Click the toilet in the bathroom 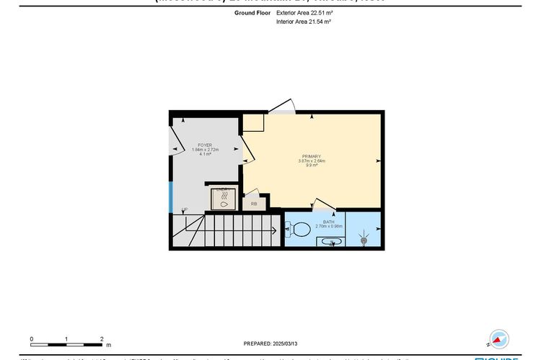point(299,230)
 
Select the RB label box point(254,204)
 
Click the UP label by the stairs point(185,210)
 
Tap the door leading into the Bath point(322,205)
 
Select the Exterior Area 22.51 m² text point(304,12)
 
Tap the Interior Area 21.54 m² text point(303,22)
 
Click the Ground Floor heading point(252,12)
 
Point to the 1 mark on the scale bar point(66,338)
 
